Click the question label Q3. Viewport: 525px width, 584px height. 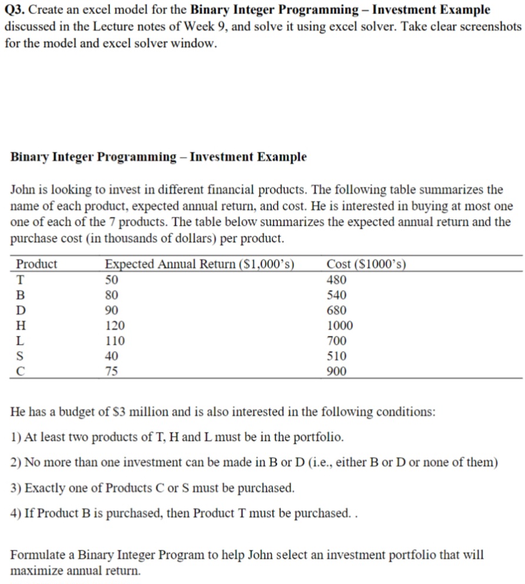14,10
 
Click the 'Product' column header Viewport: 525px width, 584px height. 36,264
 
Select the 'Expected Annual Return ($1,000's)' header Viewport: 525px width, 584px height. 199,264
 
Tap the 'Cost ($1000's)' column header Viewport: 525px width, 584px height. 366,264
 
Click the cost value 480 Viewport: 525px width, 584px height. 337,280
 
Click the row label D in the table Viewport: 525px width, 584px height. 21,311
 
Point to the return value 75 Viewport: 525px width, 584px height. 111,372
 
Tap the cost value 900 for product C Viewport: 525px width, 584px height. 337,372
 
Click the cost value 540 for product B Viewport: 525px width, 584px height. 337,295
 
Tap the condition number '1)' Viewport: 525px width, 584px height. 16,437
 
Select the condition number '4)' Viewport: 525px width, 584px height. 16,513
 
